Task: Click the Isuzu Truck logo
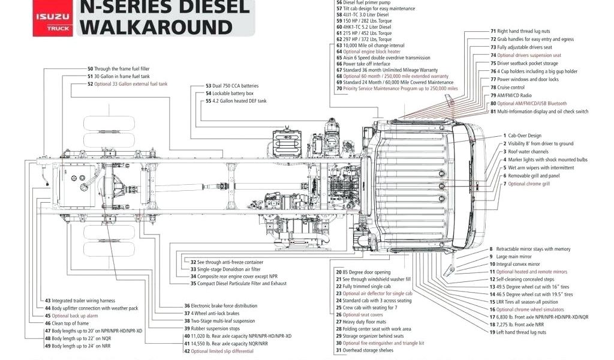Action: (52, 17)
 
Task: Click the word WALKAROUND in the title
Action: (155, 26)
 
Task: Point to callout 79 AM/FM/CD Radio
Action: (510, 95)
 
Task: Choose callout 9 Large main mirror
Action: (513, 256)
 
